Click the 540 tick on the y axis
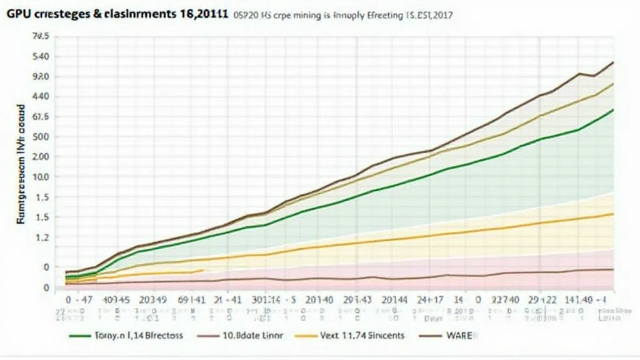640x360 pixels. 39,57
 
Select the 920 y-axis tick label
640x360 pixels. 39,77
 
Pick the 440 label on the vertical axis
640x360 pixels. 39,97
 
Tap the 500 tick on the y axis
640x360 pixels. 39,137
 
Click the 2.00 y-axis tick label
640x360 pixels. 39,157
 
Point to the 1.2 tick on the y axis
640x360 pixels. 41,237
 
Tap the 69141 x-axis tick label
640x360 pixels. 192,300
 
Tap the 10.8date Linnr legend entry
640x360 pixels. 253,336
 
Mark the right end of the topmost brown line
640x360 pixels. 613,62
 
